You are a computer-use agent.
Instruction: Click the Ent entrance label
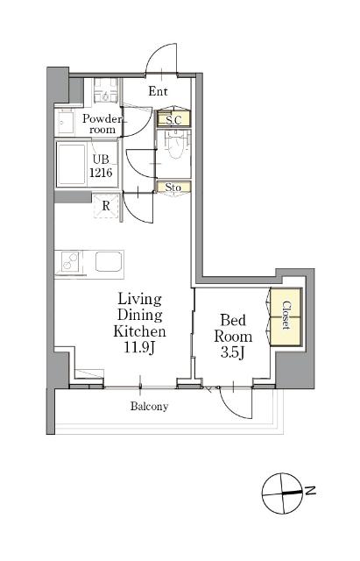[x=158, y=91]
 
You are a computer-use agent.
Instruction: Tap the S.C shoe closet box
[x=173, y=119]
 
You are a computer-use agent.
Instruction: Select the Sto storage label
[x=173, y=187]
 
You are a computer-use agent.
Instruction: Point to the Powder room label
[x=102, y=124]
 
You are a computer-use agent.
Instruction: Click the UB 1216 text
[x=101, y=166]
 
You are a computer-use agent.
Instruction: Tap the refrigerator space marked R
[x=106, y=206]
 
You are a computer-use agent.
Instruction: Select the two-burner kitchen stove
[x=70, y=261]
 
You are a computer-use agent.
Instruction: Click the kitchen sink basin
[x=109, y=261]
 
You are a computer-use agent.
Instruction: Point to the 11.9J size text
[x=139, y=347]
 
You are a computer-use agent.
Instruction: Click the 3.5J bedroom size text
[x=232, y=352]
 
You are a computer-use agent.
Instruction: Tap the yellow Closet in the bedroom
[x=286, y=317]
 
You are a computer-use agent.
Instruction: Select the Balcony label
[x=149, y=407]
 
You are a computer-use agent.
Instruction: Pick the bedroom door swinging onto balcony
[x=236, y=402]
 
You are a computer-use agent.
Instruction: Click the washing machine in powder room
[x=106, y=91]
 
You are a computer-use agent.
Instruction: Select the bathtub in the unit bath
[x=72, y=164]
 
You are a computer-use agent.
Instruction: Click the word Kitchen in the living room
[x=139, y=331]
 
